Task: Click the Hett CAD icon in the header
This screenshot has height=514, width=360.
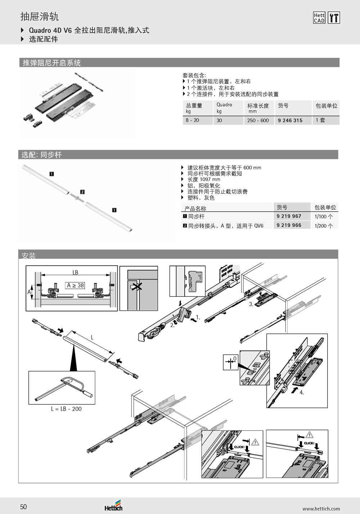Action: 319,18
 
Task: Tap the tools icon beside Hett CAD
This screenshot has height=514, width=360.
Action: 334,18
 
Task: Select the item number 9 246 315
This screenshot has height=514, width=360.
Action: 290,120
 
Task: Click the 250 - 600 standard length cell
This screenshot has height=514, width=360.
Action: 258,120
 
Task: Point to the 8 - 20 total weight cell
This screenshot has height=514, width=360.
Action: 192,120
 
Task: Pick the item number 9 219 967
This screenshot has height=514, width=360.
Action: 289,216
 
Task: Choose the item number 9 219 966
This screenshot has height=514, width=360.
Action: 289,225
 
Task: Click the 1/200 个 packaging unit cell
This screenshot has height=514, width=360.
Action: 324,226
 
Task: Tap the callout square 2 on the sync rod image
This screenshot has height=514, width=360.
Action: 82,192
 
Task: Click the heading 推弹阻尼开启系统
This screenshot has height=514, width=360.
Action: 52,63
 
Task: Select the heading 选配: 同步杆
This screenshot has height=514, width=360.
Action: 41,155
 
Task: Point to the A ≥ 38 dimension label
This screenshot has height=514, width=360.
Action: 76,285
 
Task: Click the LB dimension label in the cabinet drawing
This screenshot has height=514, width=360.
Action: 75,272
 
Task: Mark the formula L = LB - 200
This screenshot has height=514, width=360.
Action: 66,409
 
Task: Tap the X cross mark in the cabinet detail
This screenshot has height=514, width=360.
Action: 136,287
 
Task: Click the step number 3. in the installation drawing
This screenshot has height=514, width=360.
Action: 251,304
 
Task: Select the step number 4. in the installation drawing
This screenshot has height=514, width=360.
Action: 302,393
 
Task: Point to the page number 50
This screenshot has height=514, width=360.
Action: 23,507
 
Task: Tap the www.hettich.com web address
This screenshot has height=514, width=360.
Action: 321,509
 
